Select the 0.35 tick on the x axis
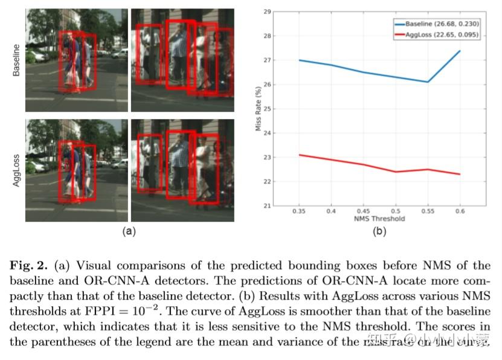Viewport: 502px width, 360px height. tap(298, 212)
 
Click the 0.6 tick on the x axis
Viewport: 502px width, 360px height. tap(460, 212)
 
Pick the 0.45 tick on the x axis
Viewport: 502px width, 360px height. tap(363, 212)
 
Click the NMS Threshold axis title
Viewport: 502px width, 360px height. tap(379, 219)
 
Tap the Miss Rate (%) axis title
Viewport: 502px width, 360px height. tap(258, 108)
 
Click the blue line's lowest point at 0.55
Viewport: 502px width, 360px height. tap(428, 82)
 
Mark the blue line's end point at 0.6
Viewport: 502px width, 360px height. tap(460, 51)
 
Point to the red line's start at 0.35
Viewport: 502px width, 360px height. tap(298, 155)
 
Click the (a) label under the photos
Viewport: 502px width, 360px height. tap(129, 231)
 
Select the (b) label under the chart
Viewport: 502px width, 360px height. tap(379, 231)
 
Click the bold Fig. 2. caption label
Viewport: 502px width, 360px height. tap(30, 266)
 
